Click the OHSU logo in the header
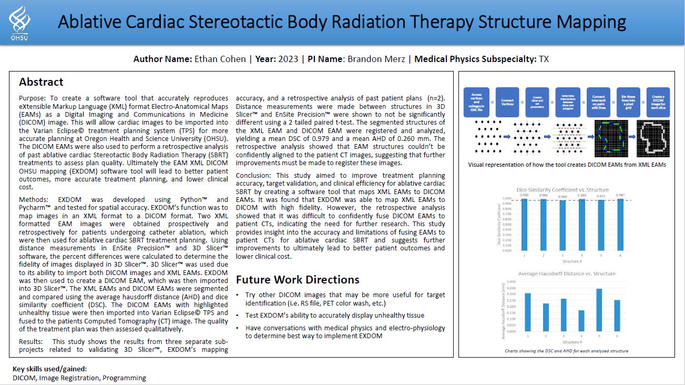tap(18, 23)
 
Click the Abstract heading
tap(41, 82)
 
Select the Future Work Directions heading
tap(298, 279)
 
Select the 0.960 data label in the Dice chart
tap(563, 197)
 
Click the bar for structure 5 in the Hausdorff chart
tap(599, 310)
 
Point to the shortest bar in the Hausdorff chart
tap(581, 321)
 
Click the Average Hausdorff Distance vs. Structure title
tap(567, 273)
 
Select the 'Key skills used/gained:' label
tap(50, 369)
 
